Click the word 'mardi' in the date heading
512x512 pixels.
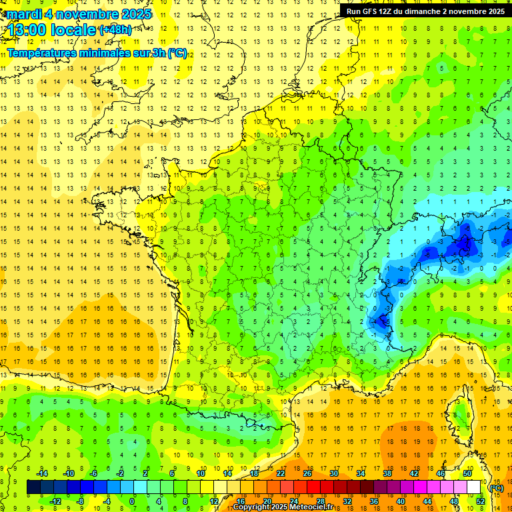point(23,14)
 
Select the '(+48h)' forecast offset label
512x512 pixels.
point(115,29)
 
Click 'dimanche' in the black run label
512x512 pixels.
point(427,11)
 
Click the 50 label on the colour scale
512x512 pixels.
point(467,473)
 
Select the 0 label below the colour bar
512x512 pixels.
point(132,501)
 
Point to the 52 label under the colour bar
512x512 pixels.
point(480,501)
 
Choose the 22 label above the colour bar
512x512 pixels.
point(281,473)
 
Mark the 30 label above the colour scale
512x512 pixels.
point(334,473)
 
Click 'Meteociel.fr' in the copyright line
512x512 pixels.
point(316,507)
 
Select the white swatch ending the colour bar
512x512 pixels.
point(473,487)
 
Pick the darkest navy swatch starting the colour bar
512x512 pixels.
point(33,487)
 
